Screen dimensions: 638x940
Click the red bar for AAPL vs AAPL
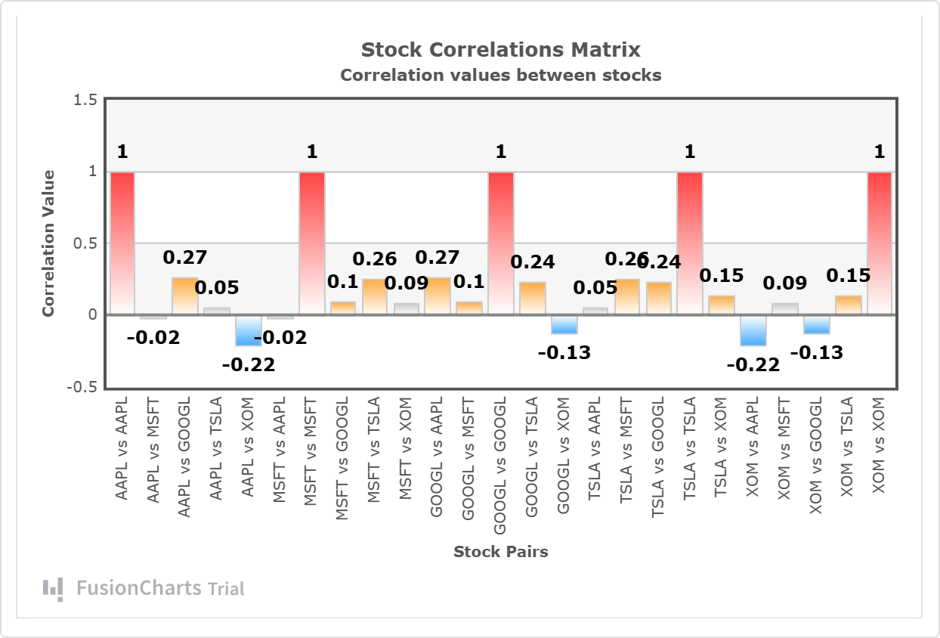[x=122, y=243]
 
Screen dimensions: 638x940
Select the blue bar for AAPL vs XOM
[x=248, y=330]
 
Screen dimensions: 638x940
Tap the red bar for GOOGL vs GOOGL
[x=500, y=243]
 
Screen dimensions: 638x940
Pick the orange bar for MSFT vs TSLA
[x=375, y=297]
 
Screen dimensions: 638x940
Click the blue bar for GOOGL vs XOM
[x=564, y=324]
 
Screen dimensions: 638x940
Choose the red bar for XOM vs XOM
[x=879, y=243]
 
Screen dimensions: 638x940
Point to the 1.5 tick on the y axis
[x=86, y=100]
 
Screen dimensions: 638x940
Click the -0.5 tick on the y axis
[x=83, y=387]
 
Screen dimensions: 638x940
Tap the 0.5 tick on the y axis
[x=86, y=243]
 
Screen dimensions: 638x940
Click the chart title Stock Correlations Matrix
[x=500, y=50]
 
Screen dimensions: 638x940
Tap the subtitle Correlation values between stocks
[x=500, y=75]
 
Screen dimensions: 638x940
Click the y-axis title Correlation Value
[x=48, y=243]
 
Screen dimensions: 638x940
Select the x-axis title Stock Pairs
[x=500, y=552]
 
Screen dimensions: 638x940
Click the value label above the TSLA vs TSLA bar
[x=689, y=152]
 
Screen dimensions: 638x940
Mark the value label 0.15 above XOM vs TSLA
[x=847, y=276]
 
